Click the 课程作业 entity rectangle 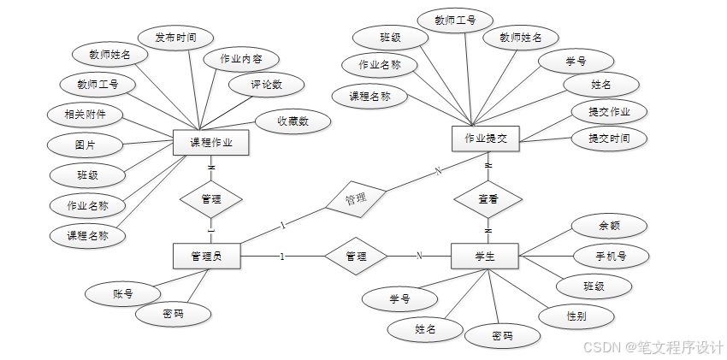(210, 143)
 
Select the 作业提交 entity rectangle (486, 139)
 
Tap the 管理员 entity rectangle (206, 256)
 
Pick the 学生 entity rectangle (484, 256)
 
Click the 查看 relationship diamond (488, 198)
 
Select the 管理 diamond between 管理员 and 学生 (356, 256)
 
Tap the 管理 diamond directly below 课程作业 (211, 198)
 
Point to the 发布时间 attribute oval (175, 38)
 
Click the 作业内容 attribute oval (240, 59)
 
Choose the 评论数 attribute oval (265, 85)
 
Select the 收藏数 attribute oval (292, 121)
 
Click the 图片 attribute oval (86, 145)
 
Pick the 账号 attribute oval (122, 293)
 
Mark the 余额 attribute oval (609, 227)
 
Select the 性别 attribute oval (576, 316)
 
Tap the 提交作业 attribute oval (610, 112)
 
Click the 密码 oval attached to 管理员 (173, 314)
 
